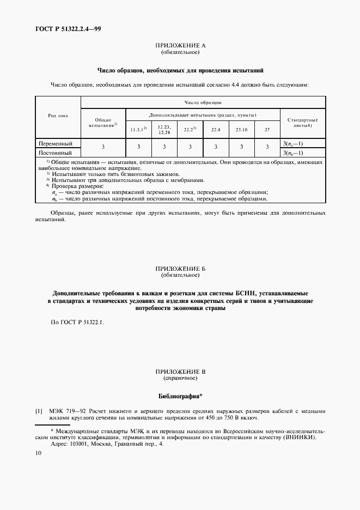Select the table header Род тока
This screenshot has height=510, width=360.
pyautogui.click(x=58, y=116)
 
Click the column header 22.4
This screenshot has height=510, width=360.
pyautogui.click(x=215, y=130)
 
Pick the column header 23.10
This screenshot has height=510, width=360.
pyautogui.click(x=241, y=130)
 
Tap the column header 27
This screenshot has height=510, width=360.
pyautogui.click(x=267, y=130)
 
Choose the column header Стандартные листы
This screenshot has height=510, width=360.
pyautogui.click(x=302, y=123)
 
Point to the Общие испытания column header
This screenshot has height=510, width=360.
pyautogui.click(x=103, y=123)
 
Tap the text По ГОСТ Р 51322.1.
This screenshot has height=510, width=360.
pyautogui.click(x=76, y=323)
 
